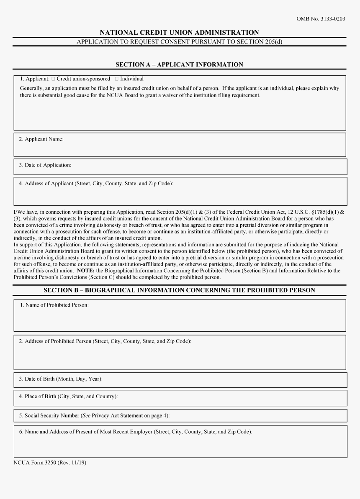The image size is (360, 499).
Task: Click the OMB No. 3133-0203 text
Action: click(321, 19)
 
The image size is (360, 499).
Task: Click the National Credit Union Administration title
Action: click(179, 32)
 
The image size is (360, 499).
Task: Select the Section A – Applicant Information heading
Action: click(179, 64)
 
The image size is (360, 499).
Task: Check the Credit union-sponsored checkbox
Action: click(54, 79)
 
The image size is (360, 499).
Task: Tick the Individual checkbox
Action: click(117, 79)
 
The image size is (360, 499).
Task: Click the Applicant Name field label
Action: click(41, 139)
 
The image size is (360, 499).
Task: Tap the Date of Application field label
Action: click(45, 165)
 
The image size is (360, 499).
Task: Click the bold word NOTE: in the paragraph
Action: click(86, 271)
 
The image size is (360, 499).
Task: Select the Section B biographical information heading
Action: click(179, 290)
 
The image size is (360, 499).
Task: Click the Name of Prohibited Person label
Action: click(54, 305)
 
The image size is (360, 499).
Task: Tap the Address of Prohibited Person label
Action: click(105, 341)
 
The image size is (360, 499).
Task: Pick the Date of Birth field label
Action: click(60, 379)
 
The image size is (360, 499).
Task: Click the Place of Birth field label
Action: click(68, 397)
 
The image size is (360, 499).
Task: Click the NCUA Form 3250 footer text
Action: click(50, 462)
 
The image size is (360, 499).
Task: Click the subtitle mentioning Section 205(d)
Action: click(179, 42)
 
